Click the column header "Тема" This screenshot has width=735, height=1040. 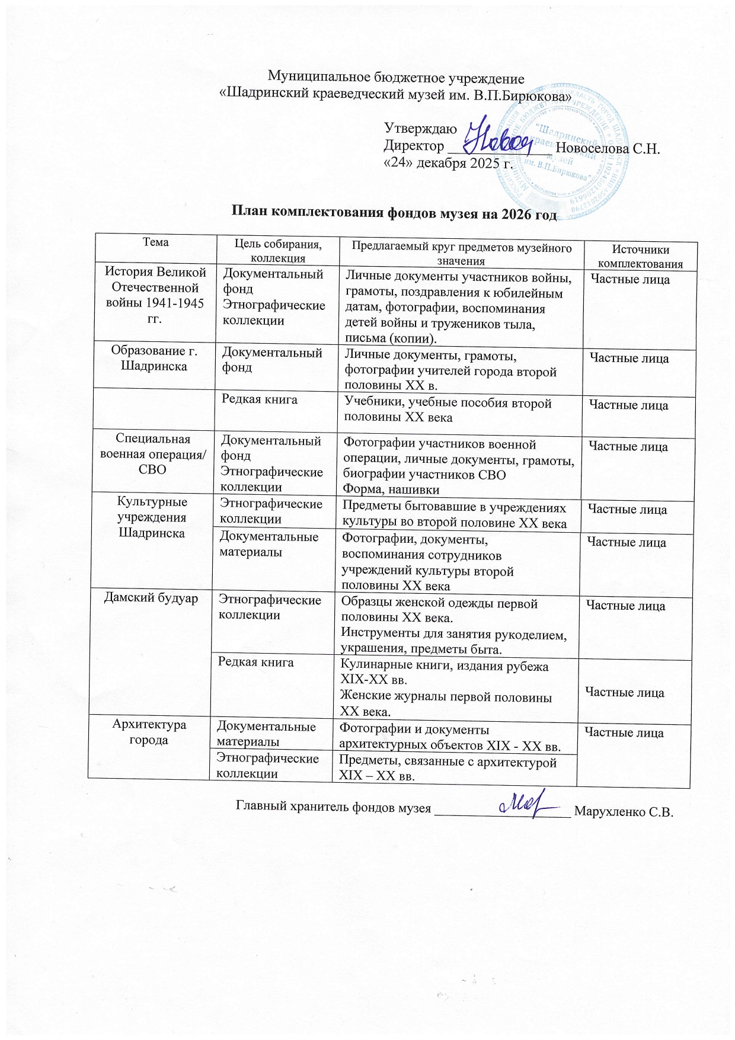[155, 242]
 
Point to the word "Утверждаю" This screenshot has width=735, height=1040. [420, 129]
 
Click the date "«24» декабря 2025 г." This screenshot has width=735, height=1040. [448, 164]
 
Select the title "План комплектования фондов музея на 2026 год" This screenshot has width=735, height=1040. [394, 213]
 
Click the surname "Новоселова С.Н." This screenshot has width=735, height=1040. [608, 148]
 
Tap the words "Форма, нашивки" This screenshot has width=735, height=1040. [391, 490]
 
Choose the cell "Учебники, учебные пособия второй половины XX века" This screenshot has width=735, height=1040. [448, 410]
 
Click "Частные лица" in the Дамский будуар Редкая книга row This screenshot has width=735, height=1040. [624, 692]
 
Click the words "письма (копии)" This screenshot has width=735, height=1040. [391, 338]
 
